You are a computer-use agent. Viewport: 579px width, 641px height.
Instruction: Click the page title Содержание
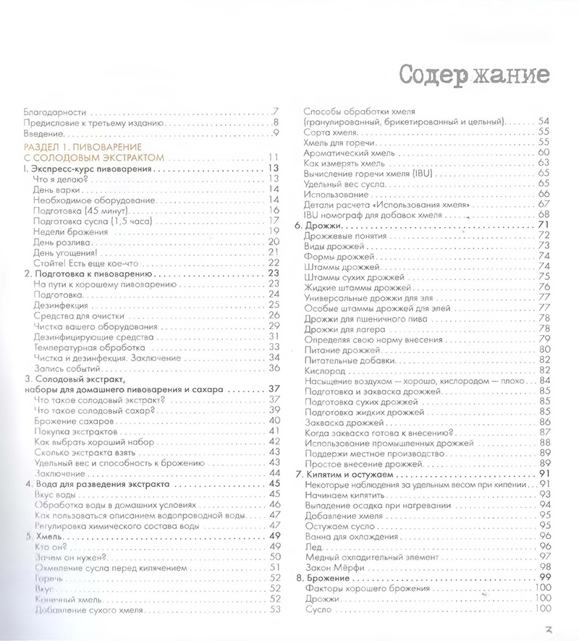coord(473,75)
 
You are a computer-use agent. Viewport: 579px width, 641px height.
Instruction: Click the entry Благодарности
coord(55,112)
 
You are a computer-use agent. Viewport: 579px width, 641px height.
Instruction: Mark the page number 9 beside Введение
coord(276,133)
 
